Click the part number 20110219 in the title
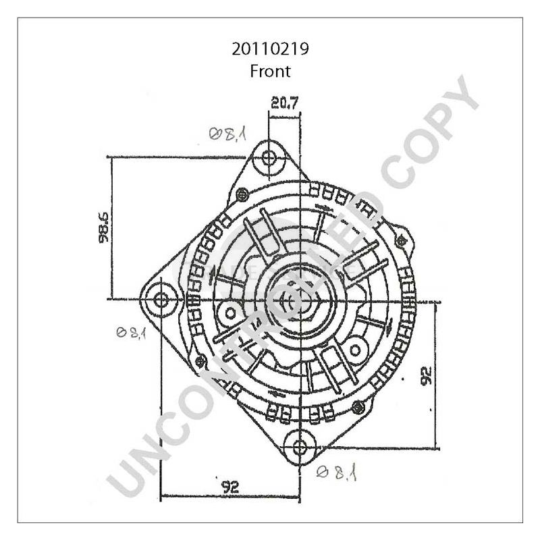pyautogui.click(x=270, y=49)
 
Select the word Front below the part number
pyautogui.click(x=270, y=70)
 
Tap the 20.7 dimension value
pyautogui.click(x=285, y=103)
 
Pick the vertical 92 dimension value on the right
pyautogui.click(x=426, y=376)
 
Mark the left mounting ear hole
pyautogui.click(x=161, y=299)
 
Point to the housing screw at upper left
pyautogui.click(x=241, y=195)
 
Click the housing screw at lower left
pyautogui.click(x=198, y=363)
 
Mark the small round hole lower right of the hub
pyautogui.click(x=354, y=350)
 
